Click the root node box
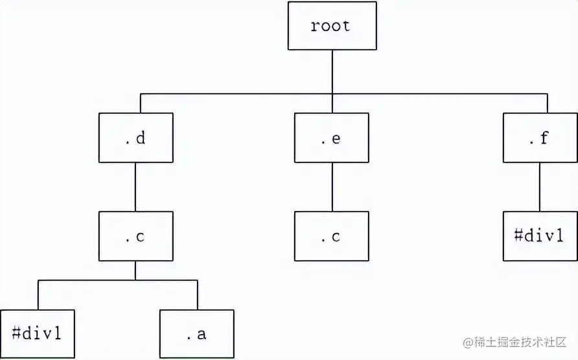tap(331, 26)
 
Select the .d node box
tap(135, 138)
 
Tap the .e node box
tap(331, 138)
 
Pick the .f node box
tap(540, 138)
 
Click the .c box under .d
tap(135, 236)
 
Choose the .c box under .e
tap(331, 236)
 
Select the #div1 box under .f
tap(540, 236)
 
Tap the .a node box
tap(197, 334)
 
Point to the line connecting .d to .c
tap(135, 187)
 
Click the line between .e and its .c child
tap(332, 187)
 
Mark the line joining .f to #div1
tap(540, 187)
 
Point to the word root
tap(330, 26)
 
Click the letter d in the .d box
tap(141, 138)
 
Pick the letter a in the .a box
tap(202, 335)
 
